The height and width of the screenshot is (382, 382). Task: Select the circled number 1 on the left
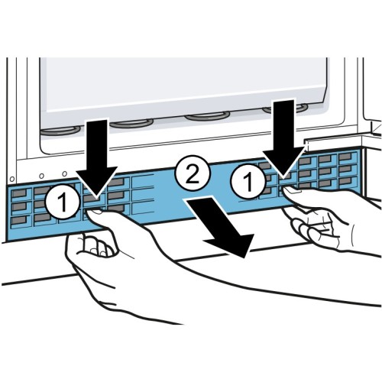click(x=63, y=202)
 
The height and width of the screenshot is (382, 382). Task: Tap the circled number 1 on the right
click(x=248, y=181)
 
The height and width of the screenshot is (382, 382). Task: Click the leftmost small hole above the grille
click(x=12, y=179)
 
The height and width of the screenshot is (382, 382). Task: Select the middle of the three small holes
click(x=42, y=176)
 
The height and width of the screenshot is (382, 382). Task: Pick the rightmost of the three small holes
click(x=65, y=173)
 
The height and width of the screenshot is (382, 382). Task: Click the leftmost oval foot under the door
click(x=60, y=130)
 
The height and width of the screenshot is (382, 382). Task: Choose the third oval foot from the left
click(x=208, y=117)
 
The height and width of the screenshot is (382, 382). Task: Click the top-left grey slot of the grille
click(x=20, y=193)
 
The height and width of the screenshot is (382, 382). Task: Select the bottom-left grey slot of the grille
click(x=20, y=219)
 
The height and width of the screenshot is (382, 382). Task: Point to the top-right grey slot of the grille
click(x=345, y=156)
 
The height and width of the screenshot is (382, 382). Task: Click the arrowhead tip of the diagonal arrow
click(x=245, y=257)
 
